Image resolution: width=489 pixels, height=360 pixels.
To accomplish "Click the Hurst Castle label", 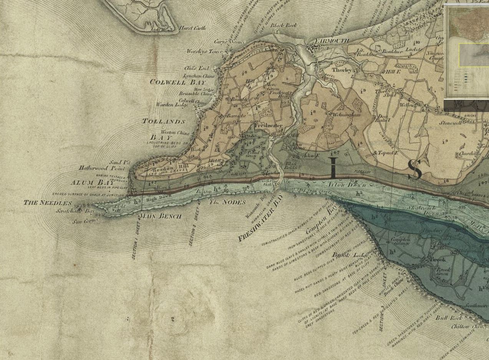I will click(x=193, y=28).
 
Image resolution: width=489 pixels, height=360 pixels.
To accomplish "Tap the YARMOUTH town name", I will click(x=332, y=41).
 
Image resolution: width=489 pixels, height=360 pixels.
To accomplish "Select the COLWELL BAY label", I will click(x=177, y=82).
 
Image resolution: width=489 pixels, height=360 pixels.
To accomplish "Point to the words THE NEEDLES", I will click(x=48, y=203).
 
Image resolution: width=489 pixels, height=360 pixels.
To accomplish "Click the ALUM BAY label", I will click(x=92, y=183).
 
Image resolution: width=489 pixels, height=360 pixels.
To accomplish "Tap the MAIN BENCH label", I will click(x=160, y=216).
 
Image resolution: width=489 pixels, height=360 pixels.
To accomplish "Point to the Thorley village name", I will click(x=341, y=70).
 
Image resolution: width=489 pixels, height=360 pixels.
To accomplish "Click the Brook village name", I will click(x=438, y=260).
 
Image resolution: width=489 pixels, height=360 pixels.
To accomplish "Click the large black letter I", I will click(x=333, y=168).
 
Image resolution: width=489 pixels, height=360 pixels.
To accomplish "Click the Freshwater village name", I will click(x=269, y=126).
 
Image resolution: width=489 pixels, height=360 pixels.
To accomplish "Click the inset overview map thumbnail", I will click(x=466, y=51).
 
